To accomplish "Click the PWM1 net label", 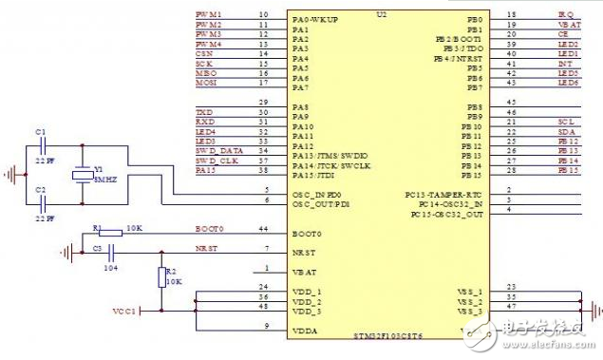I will (209, 15).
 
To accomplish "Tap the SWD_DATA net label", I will (217, 151).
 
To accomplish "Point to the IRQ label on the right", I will (565, 15).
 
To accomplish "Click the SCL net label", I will (567, 123).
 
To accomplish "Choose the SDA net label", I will (567, 132).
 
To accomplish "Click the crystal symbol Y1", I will (84, 173).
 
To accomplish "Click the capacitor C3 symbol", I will (112, 252).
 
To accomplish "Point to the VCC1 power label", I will (124, 310).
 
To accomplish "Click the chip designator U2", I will (382, 15).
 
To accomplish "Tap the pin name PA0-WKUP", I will (315, 18).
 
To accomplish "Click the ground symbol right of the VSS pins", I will (594, 310).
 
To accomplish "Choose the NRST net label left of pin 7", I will (206, 249).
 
